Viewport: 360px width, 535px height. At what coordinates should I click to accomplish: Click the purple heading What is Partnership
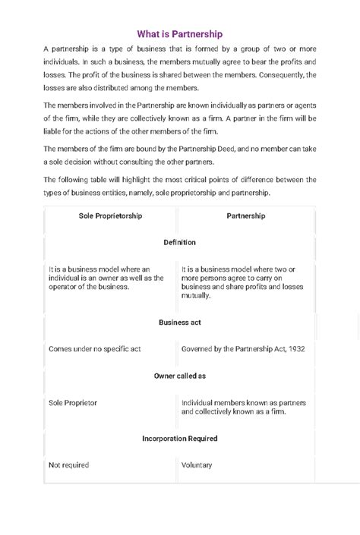point(179,34)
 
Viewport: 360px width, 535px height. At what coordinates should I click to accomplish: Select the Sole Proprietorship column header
point(111,216)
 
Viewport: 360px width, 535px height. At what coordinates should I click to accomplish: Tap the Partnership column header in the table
point(246,216)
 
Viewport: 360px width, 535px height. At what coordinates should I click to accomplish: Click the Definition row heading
point(179,242)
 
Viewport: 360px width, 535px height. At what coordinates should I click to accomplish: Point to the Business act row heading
point(179,322)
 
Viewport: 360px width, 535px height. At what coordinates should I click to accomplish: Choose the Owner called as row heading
point(179,375)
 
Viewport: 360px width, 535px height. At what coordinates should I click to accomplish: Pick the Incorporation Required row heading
point(179,438)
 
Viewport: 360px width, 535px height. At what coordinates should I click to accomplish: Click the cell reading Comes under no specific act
point(94,349)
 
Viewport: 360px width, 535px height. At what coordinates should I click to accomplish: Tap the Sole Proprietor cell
point(73,402)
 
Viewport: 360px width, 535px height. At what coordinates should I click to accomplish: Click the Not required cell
point(68,465)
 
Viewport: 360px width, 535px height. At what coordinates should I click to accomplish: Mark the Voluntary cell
point(197,465)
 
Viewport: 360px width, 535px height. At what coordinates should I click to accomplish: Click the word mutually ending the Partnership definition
point(196,295)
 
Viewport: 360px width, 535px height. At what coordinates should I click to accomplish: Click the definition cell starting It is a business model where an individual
point(106,278)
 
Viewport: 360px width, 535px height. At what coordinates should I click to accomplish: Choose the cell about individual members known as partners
point(243,407)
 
